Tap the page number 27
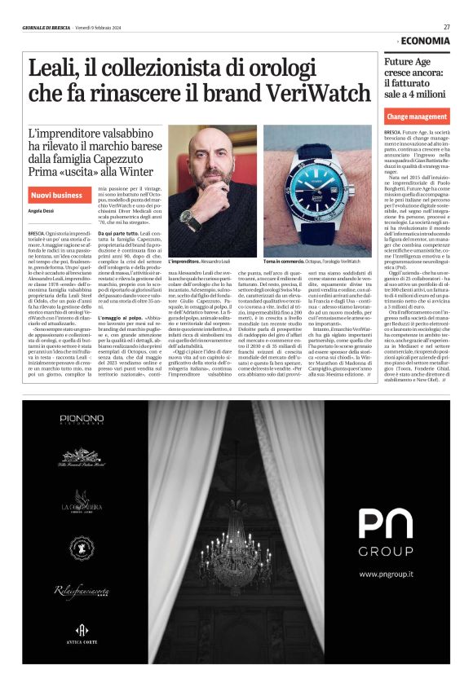[447, 27]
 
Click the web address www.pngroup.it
[387, 597]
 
